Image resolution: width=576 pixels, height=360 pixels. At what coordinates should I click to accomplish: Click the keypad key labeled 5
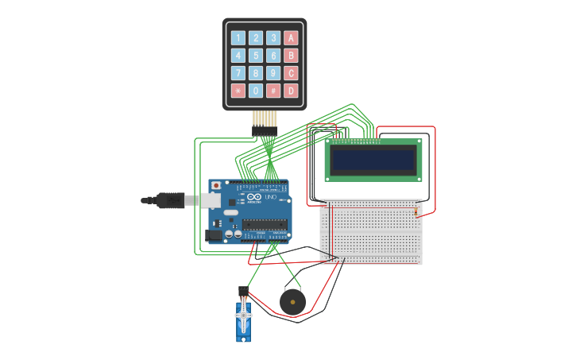[255, 56]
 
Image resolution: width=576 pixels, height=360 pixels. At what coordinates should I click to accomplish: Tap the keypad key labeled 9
[273, 73]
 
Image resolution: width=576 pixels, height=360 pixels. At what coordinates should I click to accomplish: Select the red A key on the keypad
[291, 38]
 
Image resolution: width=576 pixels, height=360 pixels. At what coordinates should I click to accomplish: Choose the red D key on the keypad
[291, 91]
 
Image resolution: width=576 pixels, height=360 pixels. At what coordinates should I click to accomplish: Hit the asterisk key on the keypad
[238, 91]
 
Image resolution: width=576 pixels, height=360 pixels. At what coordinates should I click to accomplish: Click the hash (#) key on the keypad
[273, 91]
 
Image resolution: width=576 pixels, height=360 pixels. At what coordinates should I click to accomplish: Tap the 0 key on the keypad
[255, 91]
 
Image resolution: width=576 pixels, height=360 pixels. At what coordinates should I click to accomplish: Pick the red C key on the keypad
[291, 73]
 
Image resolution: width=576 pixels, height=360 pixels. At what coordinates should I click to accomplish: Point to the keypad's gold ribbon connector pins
[265, 119]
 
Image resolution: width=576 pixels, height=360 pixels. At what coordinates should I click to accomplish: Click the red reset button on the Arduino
[215, 186]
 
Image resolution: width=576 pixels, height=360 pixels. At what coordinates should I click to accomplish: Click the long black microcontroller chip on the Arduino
[265, 223]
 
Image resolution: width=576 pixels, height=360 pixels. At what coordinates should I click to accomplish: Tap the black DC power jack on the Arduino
[213, 234]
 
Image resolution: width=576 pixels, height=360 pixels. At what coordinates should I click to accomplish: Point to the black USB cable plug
[168, 200]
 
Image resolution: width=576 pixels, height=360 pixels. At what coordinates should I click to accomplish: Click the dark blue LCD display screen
[373, 161]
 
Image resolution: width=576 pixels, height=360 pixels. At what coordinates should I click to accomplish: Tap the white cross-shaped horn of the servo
[244, 319]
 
